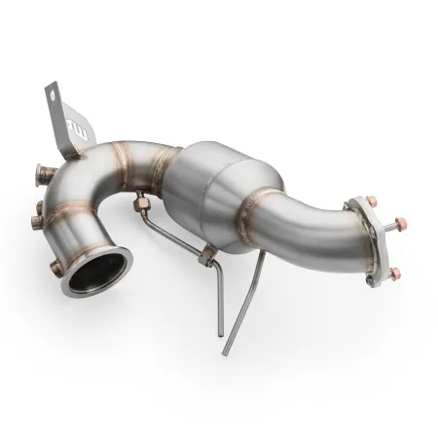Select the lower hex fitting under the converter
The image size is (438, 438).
[x=207, y=257]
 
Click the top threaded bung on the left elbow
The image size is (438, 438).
[x=37, y=174]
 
